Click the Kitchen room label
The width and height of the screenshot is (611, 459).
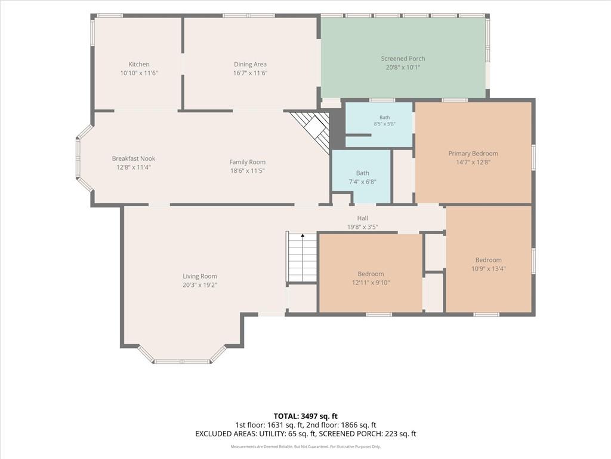pyautogui.click(x=138, y=65)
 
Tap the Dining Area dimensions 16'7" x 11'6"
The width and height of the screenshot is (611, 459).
pyautogui.click(x=250, y=73)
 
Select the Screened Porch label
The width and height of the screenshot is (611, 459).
pyautogui.click(x=403, y=59)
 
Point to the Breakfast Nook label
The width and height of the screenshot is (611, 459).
pyautogui.click(x=134, y=158)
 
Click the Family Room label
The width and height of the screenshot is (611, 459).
pyautogui.click(x=248, y=162)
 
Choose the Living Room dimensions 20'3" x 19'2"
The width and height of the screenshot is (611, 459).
pyautogui.click(x=200, y=285)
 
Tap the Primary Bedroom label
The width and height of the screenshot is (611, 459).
pyautogui.click(x=473, y=154)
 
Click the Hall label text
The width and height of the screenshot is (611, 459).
pyautogui.click(x=362, y=218)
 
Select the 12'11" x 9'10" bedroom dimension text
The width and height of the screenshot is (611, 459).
pyautogui.click(x=371, y=283)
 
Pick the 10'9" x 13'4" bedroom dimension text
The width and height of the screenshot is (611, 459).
pyautogui.click(x=488, y=268)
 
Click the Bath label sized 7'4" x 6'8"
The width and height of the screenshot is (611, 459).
pyautogui.click(x=362, y=173)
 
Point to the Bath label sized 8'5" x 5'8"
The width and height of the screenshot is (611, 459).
pyautogui.click(x=385, y=117)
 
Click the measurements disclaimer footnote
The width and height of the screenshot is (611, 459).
pyautogui.click(x=305, y=446)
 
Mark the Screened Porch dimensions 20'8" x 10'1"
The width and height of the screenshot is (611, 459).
pyautogui.click(x=403, y=67)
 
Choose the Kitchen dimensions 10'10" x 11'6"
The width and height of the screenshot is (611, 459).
pyautogui.click(x=138, y=73)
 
